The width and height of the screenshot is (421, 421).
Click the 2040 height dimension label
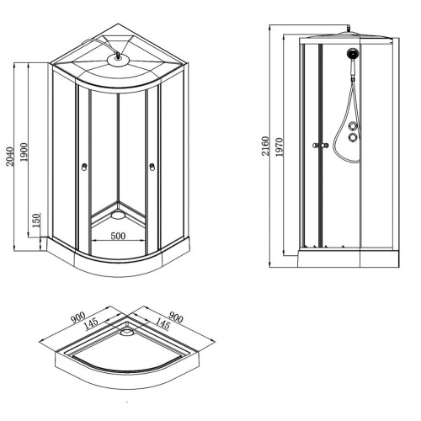(10, 157)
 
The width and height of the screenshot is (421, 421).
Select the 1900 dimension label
(24, 152)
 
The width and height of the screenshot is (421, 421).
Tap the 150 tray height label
(37, 221)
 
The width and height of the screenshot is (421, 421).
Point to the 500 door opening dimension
(118, 236)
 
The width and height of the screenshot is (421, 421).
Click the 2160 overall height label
(265, 146)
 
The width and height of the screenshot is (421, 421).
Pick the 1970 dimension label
(280, 147)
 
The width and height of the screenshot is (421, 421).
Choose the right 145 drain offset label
(163, 323)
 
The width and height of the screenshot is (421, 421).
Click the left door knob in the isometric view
(84, 167)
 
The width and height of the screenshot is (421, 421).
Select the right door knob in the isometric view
(152, 167)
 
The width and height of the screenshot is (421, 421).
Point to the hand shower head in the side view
(353, 54)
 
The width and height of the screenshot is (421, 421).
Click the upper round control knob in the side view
(353, 126)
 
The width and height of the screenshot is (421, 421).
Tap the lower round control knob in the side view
(353, 137)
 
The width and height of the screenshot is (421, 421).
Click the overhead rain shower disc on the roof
(118, 61)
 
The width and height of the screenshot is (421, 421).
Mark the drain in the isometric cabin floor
(118, 215)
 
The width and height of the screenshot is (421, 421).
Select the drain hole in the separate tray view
(127, 332)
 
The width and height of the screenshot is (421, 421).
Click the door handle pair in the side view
(320, 146)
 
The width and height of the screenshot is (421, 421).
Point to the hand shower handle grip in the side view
(353, 69)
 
